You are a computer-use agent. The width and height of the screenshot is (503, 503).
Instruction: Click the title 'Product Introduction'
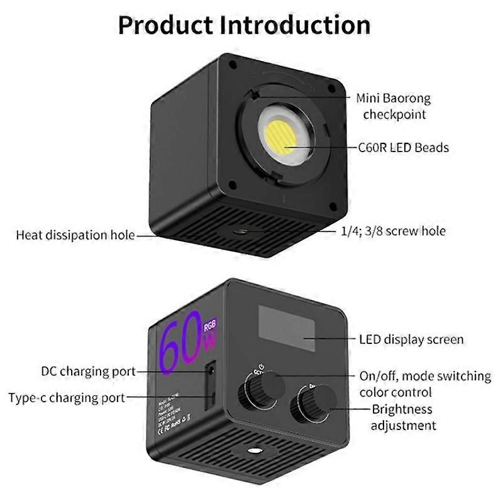coord(244,25)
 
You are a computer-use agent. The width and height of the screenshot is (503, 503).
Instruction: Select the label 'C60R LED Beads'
coord(402,148)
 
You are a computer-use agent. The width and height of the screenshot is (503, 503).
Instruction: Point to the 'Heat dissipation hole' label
coord(75,236)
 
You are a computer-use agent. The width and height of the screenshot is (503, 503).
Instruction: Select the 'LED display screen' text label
coord(411,340)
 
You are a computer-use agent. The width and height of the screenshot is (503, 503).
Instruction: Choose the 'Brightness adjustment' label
coord(402,417)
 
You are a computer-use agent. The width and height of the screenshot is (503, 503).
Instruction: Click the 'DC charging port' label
coord(88,372)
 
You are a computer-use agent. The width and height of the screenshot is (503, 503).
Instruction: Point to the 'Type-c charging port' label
coord(67,397)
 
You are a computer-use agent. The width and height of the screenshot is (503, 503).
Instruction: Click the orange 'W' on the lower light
coord(209,345)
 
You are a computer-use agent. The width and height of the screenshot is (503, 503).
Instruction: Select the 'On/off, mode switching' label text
coord(425,376)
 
